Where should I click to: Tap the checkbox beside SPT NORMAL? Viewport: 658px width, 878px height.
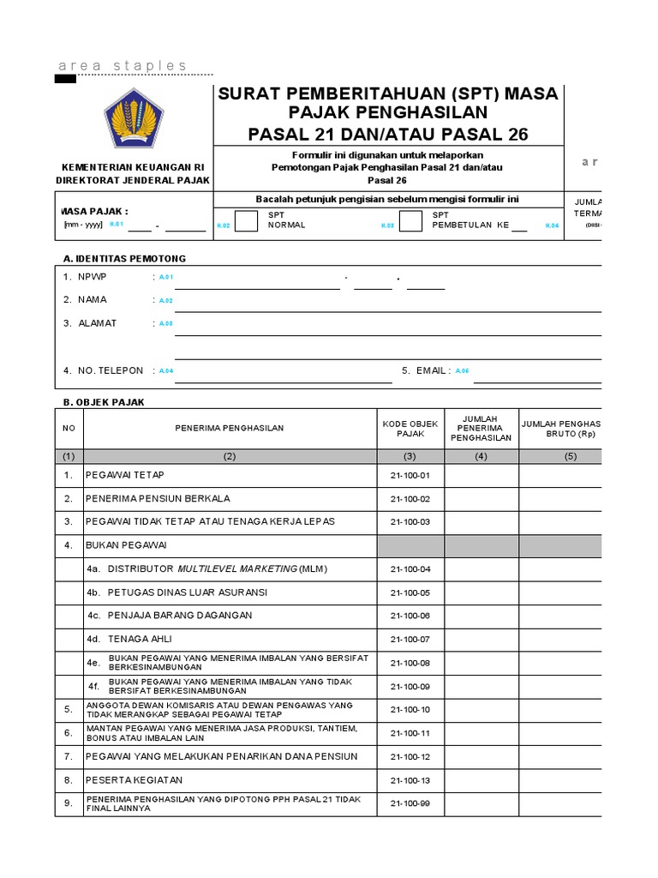[246, 221]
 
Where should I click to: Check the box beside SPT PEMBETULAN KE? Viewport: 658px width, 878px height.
[411, 221]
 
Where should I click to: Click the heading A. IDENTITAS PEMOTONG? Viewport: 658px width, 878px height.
[124, 258]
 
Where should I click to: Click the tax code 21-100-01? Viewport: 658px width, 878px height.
[410, 476]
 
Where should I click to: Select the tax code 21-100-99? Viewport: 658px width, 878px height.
[410, 803]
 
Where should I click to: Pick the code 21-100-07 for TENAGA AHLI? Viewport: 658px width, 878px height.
[410, 640]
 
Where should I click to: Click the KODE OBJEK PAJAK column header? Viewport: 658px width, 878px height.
[410, 428]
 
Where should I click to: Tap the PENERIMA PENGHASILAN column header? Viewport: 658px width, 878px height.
[230, 428]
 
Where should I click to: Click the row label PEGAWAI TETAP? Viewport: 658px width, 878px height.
[125, 475]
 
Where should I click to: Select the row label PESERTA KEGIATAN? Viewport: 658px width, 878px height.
[134, 780]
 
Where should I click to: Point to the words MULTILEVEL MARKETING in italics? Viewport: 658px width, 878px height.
[236, 568]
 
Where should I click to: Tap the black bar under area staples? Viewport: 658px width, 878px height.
[65, 79]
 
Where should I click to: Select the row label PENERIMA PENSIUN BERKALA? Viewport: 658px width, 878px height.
[158, 498]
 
